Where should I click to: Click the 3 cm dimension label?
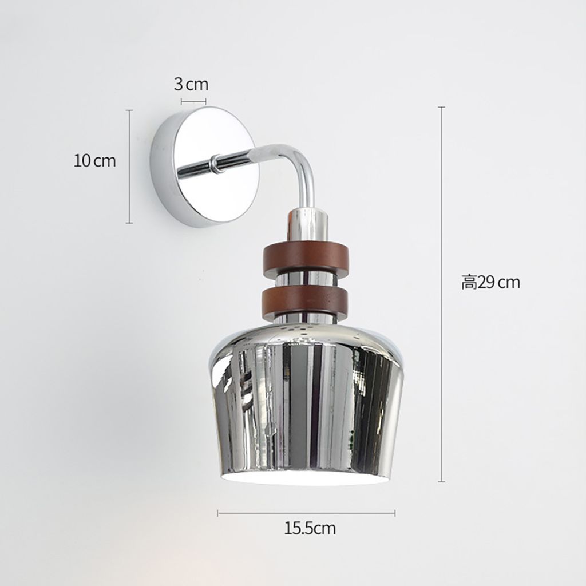point(191,85)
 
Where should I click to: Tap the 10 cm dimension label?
point(94,161)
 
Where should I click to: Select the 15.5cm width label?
point(310,528)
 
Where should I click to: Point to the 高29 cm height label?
point(490,282)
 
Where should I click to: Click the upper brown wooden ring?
point(306,255)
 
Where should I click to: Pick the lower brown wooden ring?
point(306,298)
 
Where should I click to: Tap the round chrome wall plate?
point(204,167)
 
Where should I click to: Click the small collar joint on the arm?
point(215,165)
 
